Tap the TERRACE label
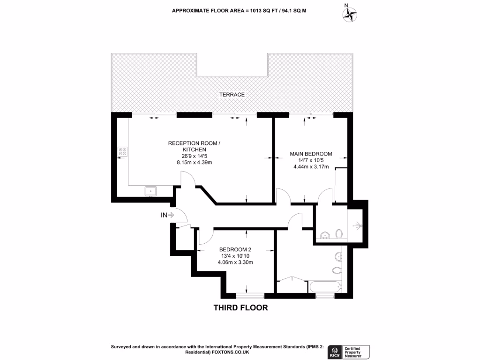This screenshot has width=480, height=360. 232,95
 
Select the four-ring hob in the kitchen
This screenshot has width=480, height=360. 122,151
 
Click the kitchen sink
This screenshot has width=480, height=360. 151,191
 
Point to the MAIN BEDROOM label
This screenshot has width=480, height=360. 310,154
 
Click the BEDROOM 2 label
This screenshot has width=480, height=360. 235,249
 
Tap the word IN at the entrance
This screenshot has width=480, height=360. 164,215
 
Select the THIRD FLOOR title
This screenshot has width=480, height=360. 240,308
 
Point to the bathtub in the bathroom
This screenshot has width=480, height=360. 325,286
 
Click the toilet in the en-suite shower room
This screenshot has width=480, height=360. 339,233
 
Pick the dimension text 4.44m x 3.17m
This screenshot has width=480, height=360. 310,167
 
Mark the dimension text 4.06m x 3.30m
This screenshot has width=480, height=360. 235,262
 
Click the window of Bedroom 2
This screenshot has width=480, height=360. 249,295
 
